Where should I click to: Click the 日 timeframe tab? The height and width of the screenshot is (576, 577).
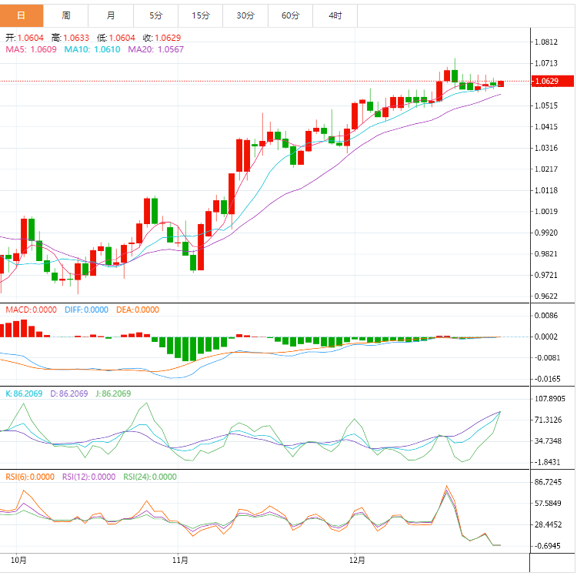coord(21,15)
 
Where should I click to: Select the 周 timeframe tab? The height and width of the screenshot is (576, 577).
coord(66,15)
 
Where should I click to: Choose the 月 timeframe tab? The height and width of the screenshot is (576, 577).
coord(111,15)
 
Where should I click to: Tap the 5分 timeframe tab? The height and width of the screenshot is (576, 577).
coord(155,15)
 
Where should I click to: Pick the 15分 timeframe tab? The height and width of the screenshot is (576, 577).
coord(200,15)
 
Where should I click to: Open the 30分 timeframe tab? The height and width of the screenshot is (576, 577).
coord(245,15)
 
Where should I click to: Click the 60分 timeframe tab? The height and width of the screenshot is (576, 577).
coord(290,15)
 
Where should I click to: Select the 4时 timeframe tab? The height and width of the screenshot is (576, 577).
coord(335,15)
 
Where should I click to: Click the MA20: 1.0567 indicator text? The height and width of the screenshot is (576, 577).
coord(156,49)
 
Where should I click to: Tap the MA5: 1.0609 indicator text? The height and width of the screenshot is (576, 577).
coord(32,49)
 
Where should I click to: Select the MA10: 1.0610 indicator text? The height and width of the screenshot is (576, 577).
coord(92,49)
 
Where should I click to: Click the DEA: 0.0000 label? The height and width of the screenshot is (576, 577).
coord(138,310)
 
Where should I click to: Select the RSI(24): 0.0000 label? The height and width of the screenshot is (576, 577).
coord(150,477)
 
